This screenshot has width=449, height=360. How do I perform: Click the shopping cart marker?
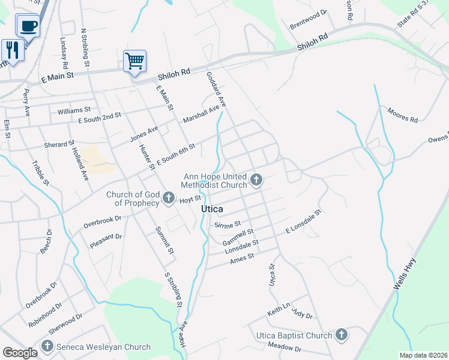click(x=135, y=61)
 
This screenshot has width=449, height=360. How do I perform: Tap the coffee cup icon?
click(x=28, y=26)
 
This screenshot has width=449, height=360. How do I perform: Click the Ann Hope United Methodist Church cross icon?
click(x=256, y=179)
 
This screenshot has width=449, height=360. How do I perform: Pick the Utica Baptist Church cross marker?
click(x=341, y=335)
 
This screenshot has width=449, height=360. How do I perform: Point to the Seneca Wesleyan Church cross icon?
click(x=47, y=346)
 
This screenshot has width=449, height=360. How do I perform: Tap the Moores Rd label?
click(x=402, y=115)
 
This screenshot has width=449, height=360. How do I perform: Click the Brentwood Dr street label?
click(x=309, y=19)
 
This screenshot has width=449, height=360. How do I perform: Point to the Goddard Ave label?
click(x=215, y=91)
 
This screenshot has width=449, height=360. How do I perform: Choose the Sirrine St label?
click(x=227, y=224)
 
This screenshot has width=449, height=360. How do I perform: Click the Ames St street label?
click(x=243, y=256)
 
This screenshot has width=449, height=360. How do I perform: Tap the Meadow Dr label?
click(x=284, y=346)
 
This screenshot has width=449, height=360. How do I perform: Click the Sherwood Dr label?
click(x=67, y=325)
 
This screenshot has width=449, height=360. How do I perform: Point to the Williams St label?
click(x=74, y=111)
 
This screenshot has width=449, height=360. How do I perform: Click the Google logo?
click(x=20, y=353)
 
